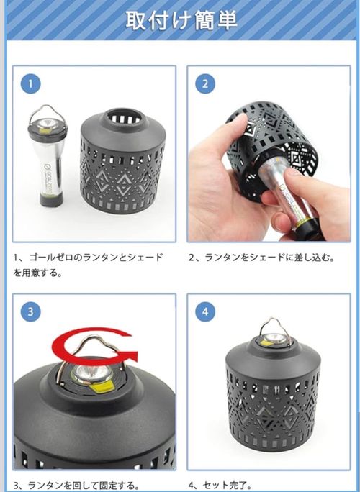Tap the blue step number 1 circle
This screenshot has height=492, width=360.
tap(30, 84)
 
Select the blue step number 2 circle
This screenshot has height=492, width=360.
tap(205, 84)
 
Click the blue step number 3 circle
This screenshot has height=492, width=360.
tap(30, 311)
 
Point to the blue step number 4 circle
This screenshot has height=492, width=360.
tap(205, 311)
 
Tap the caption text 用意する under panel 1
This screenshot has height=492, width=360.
tap(47, 273)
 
